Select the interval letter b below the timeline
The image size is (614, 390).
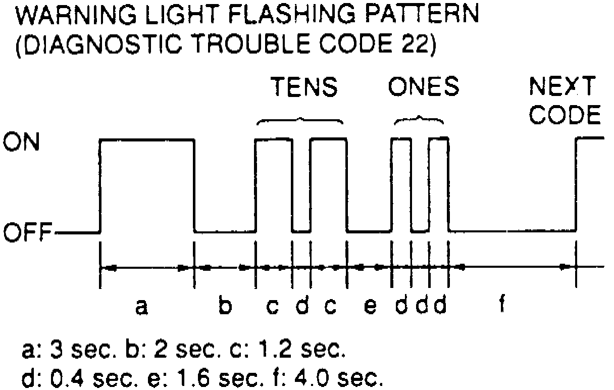226,305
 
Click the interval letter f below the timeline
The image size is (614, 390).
502,305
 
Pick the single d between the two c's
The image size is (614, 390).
301,305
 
